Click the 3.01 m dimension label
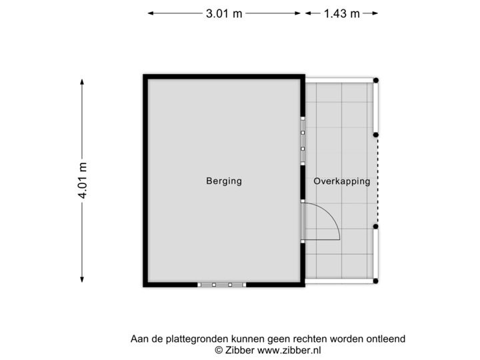(225, 13)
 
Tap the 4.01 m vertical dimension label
(82, 180)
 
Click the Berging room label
(223, 181)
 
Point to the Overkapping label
(341, 181)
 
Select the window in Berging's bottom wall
(221, 285)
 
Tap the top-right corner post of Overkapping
(377, 79)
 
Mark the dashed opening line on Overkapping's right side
(377, 180)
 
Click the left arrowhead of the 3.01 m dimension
(151, 13)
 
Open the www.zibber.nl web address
(288, 349)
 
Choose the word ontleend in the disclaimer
(386, 339)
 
